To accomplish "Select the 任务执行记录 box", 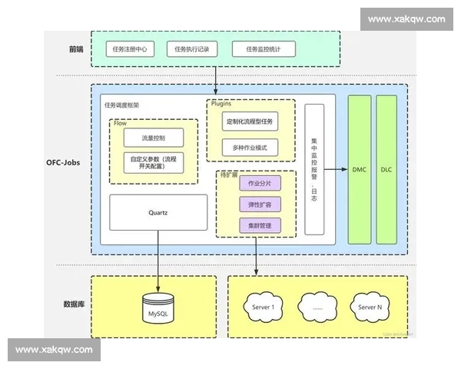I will coord(191,49).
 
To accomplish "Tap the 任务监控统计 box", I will coord(263,49).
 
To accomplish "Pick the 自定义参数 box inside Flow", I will coord(153,162).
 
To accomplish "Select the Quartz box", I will coord(158,212).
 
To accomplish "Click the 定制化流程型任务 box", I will coord(250,121).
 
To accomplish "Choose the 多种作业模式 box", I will coord(250,147).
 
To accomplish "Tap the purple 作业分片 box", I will coord(254,184).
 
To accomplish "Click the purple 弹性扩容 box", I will coord(254,205).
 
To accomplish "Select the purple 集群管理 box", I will coord(254,226).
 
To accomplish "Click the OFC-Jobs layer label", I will coord(63,163).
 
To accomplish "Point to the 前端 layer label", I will coord(75,49).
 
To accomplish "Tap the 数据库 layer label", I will coord(74,304).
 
